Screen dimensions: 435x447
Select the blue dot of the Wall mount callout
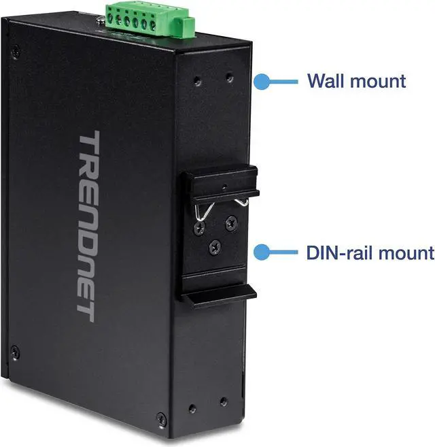(260, 82)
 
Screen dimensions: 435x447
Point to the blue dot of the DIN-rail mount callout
(260, 253)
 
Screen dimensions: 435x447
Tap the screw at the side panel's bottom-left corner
(16, 352)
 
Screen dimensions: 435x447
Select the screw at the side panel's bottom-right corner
(160, 417)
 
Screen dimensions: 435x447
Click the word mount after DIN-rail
(400, 253)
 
